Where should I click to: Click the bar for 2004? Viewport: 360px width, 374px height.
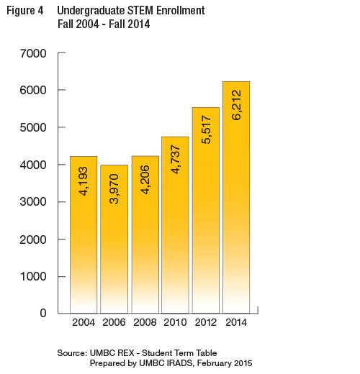(84, 234)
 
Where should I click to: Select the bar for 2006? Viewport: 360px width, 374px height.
(114, 239)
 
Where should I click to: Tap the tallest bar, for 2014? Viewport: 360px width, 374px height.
(236, 197)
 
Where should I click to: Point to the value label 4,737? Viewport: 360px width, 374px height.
(176, 159)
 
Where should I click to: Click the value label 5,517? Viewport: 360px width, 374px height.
(206, 129)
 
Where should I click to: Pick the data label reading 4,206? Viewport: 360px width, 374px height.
(145, 180)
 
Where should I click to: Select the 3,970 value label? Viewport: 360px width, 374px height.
(114, 188)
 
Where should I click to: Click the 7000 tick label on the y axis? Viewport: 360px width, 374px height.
(33, 53)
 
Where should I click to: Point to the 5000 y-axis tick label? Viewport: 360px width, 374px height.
(33, 127)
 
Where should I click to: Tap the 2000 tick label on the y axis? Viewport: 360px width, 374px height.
(33, 240)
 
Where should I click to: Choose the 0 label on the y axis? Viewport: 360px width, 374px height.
(43, 313)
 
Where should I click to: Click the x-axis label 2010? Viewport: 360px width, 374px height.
(175, 322)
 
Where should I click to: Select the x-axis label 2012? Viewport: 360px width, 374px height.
(206, 322)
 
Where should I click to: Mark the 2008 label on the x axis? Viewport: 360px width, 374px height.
(145, 322)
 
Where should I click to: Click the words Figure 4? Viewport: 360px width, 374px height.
(25, 11)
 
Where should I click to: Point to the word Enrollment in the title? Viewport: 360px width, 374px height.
(181, 10)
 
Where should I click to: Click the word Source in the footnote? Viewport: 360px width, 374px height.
(71, 353)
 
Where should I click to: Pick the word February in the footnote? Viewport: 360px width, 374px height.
(215, 363)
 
